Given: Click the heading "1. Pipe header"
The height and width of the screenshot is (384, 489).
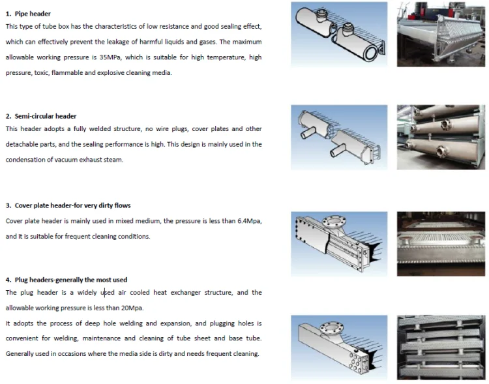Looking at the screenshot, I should pos(28,13).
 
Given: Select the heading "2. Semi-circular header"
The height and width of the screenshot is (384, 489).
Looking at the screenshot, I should pos(41,116).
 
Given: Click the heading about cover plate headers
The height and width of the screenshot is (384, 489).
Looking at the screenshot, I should pos(68,205).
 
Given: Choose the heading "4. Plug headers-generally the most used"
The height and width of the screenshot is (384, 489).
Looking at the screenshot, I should pos(67,280).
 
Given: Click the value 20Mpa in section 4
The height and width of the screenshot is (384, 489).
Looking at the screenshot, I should pos(131,308).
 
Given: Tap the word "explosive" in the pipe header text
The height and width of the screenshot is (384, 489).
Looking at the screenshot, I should pos(110,73).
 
